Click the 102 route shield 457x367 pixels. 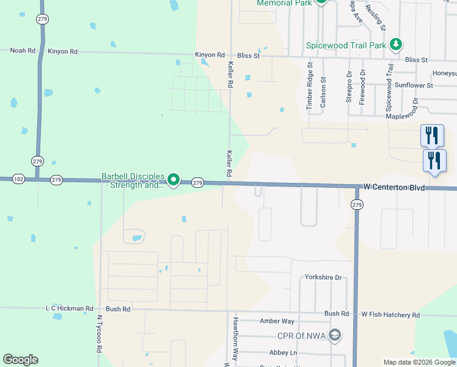pyautogui.click(x=18, y=179)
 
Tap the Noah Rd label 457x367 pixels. pyautogui.click(x=23, y=51)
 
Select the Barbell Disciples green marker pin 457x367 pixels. pyautogui.click(x=174, y=179)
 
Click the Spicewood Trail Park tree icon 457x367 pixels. pyautogui.click(x=397, y=44)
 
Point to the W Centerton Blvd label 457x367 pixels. pyautogui.click(x=393, y=185)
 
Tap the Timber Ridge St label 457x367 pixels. pyautogui.click(x=310, y=85)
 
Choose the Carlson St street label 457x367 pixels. pyautogui.click(x=323, y=92)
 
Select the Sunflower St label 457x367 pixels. pyautogui.click(x=414, y=85)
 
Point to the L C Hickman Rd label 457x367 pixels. pyautogui.click(x=69, y=309)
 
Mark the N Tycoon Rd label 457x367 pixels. pyautogui.click(x=98, y=334)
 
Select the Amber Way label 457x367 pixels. pyautogui.click(x=277, y=321)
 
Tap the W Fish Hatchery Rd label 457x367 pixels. pyautogui.click(x=390, y=314)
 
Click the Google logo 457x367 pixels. pyautogui.click(x=20, y=360)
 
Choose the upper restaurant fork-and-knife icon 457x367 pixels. pyautogui.click(x=432, y=135)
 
